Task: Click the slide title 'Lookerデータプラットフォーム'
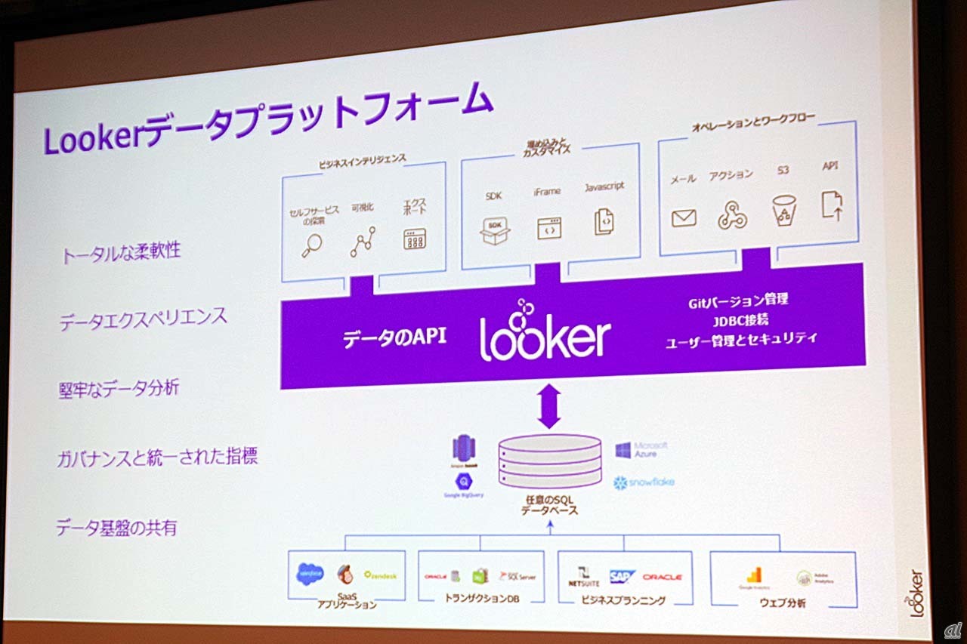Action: [x=268, y=121]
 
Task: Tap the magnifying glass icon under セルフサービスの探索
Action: [x=311, y=245]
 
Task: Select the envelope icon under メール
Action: [x=683, y=218]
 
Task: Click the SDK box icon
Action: [x=495, y=231]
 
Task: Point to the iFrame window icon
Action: [x=548, y=228]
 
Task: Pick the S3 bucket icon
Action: [x=784, y=211]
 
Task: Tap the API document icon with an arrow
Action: [x=832, y=205]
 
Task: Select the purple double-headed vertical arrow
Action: [x=549, y=406]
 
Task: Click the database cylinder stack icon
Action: [x=549, y=460]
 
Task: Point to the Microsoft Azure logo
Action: [x=641, y=450]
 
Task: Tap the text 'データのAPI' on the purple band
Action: [x=394, y=337]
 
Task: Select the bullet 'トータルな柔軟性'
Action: [x=121, y=252]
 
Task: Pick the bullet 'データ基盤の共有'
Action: [x=116, y=528]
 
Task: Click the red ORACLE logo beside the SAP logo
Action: [x=662, y=578]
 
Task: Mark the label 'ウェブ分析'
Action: [x=782, y=603]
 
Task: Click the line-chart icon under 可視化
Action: [x=363, y=242]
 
